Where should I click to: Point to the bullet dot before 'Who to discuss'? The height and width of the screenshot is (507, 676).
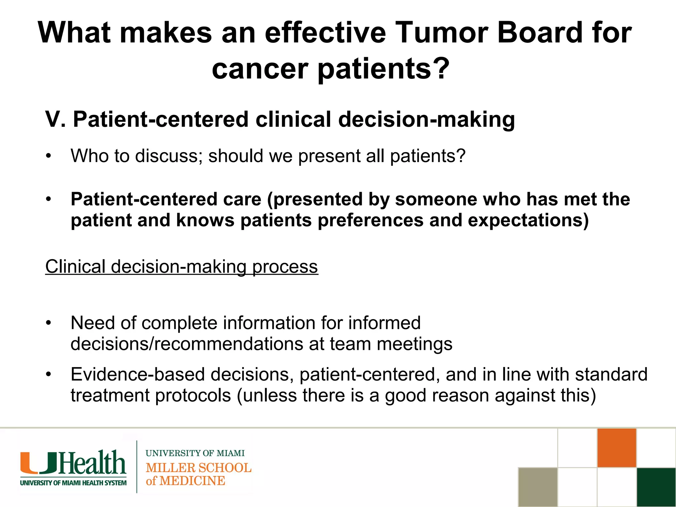pos(49,156)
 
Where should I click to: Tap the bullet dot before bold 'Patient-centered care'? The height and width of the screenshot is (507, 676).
pos(49,199)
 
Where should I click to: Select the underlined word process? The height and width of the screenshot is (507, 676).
pos(285,266)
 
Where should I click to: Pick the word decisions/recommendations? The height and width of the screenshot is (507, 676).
pos(187,344)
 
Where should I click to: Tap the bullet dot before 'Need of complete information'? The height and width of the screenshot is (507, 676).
pos(49,323)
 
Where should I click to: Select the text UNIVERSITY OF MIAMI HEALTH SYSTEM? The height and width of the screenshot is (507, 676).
pos(73,483)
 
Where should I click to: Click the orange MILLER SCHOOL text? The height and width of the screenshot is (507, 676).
pos(198,468)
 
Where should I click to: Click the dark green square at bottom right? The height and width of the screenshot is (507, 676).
pos(656,487)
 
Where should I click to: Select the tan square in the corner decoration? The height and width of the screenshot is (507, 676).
pos(538,487)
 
